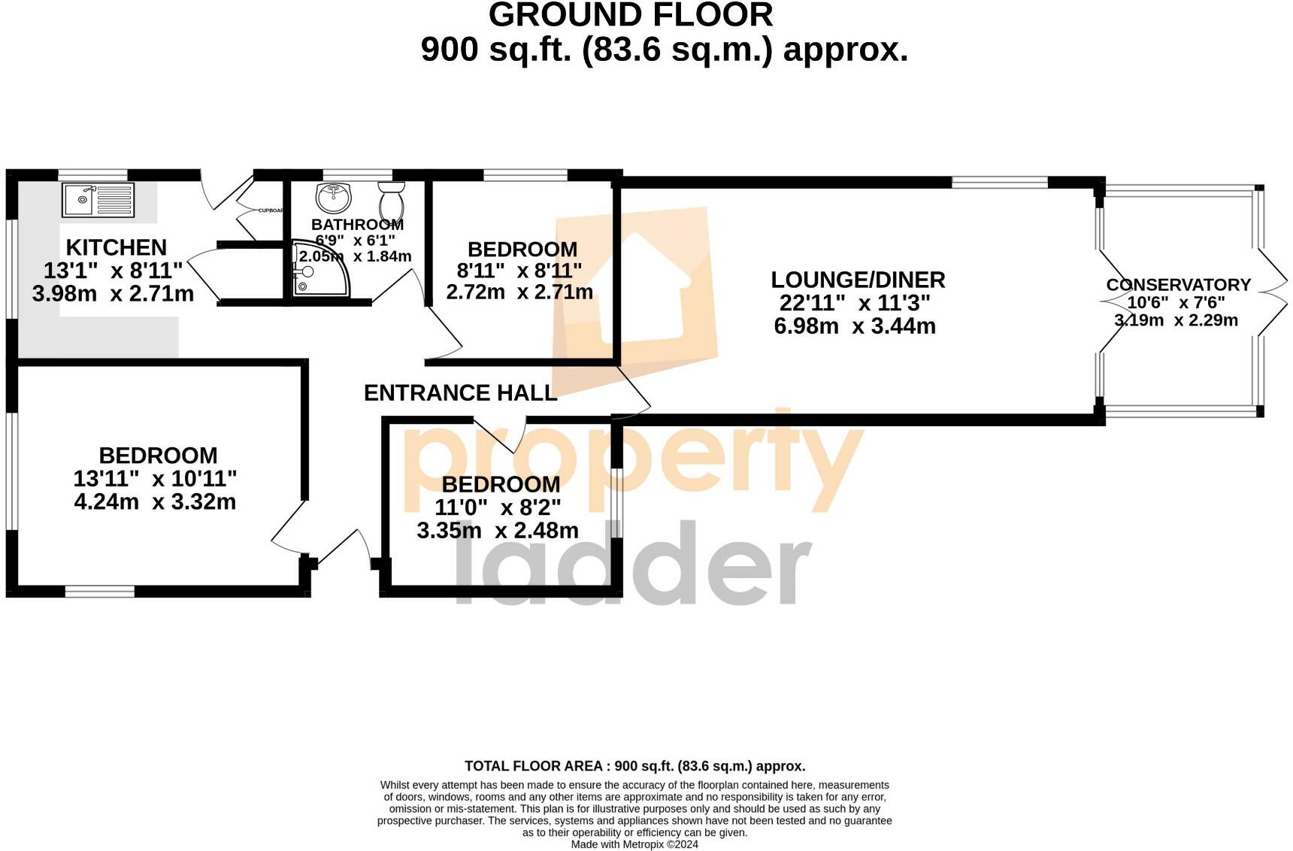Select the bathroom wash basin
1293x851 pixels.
[x=334, y=197]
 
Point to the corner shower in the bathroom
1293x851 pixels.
[x=319, y=269]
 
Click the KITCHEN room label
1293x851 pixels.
[x=116, y=247]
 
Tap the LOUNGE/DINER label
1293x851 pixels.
[x=858, y=280]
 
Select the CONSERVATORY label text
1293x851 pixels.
[x=1178, y=285]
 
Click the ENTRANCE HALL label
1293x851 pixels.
[x=460, y=392]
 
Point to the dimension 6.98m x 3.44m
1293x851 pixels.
[x=855, y=326]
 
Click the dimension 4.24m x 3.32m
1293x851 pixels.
[x=155, y=501]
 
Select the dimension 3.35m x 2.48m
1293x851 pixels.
[x=498, y=531]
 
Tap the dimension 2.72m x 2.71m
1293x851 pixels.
[x=519, y=292]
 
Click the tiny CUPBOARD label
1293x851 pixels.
[x=271, y=210]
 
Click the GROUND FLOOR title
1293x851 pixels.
[x=631, y=15]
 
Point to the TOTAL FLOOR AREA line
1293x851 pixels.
[x=634, y=766]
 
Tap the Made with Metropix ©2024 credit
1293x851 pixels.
[x=634, y=844]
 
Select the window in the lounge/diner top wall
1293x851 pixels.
[x=999, y=182]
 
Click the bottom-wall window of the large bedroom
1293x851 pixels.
[x=99, y=592]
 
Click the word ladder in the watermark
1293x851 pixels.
[x=631, y=564]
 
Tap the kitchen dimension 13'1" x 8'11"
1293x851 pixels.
[x=113, y=271]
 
